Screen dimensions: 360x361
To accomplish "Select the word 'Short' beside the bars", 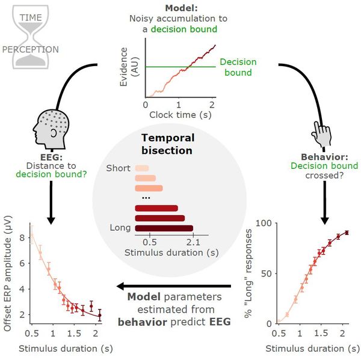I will pos(118,168).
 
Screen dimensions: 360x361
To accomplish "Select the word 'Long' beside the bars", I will pos(120,228).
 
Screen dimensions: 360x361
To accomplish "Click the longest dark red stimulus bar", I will pos(164,228).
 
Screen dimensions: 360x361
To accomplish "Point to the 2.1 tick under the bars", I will pos(193,242).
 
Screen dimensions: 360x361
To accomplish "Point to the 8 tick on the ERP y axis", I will pos(22,237).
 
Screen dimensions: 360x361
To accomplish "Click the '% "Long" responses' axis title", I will pos(250,273).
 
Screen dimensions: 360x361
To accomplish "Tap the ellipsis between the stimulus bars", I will pos(146,198).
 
